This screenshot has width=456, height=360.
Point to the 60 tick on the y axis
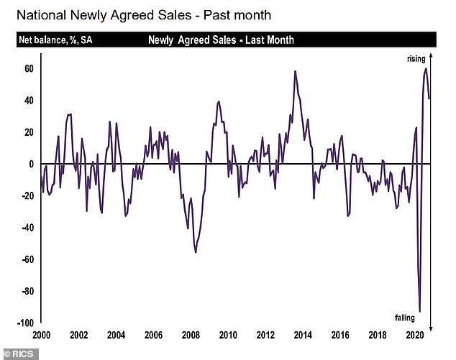(x=28, y=69)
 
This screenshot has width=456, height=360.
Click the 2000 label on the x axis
(x=42, y=336)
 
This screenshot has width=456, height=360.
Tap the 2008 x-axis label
(x=191, y=336)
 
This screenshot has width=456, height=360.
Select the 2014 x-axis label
(x=302, y=336)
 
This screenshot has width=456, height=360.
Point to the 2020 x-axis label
(x=413, y=336)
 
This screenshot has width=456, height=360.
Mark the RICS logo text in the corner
(x=19, y=353)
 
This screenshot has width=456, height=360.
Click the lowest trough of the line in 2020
(x=419, y=311)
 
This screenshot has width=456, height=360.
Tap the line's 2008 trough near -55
(x=196, y=252)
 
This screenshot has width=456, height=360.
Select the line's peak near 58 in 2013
(x=295, y=71)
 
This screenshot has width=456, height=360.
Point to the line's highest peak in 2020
(x=426, y=68)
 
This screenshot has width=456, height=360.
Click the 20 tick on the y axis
(x=28, y=132)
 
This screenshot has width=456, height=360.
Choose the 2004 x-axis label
(x=117, y=336)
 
